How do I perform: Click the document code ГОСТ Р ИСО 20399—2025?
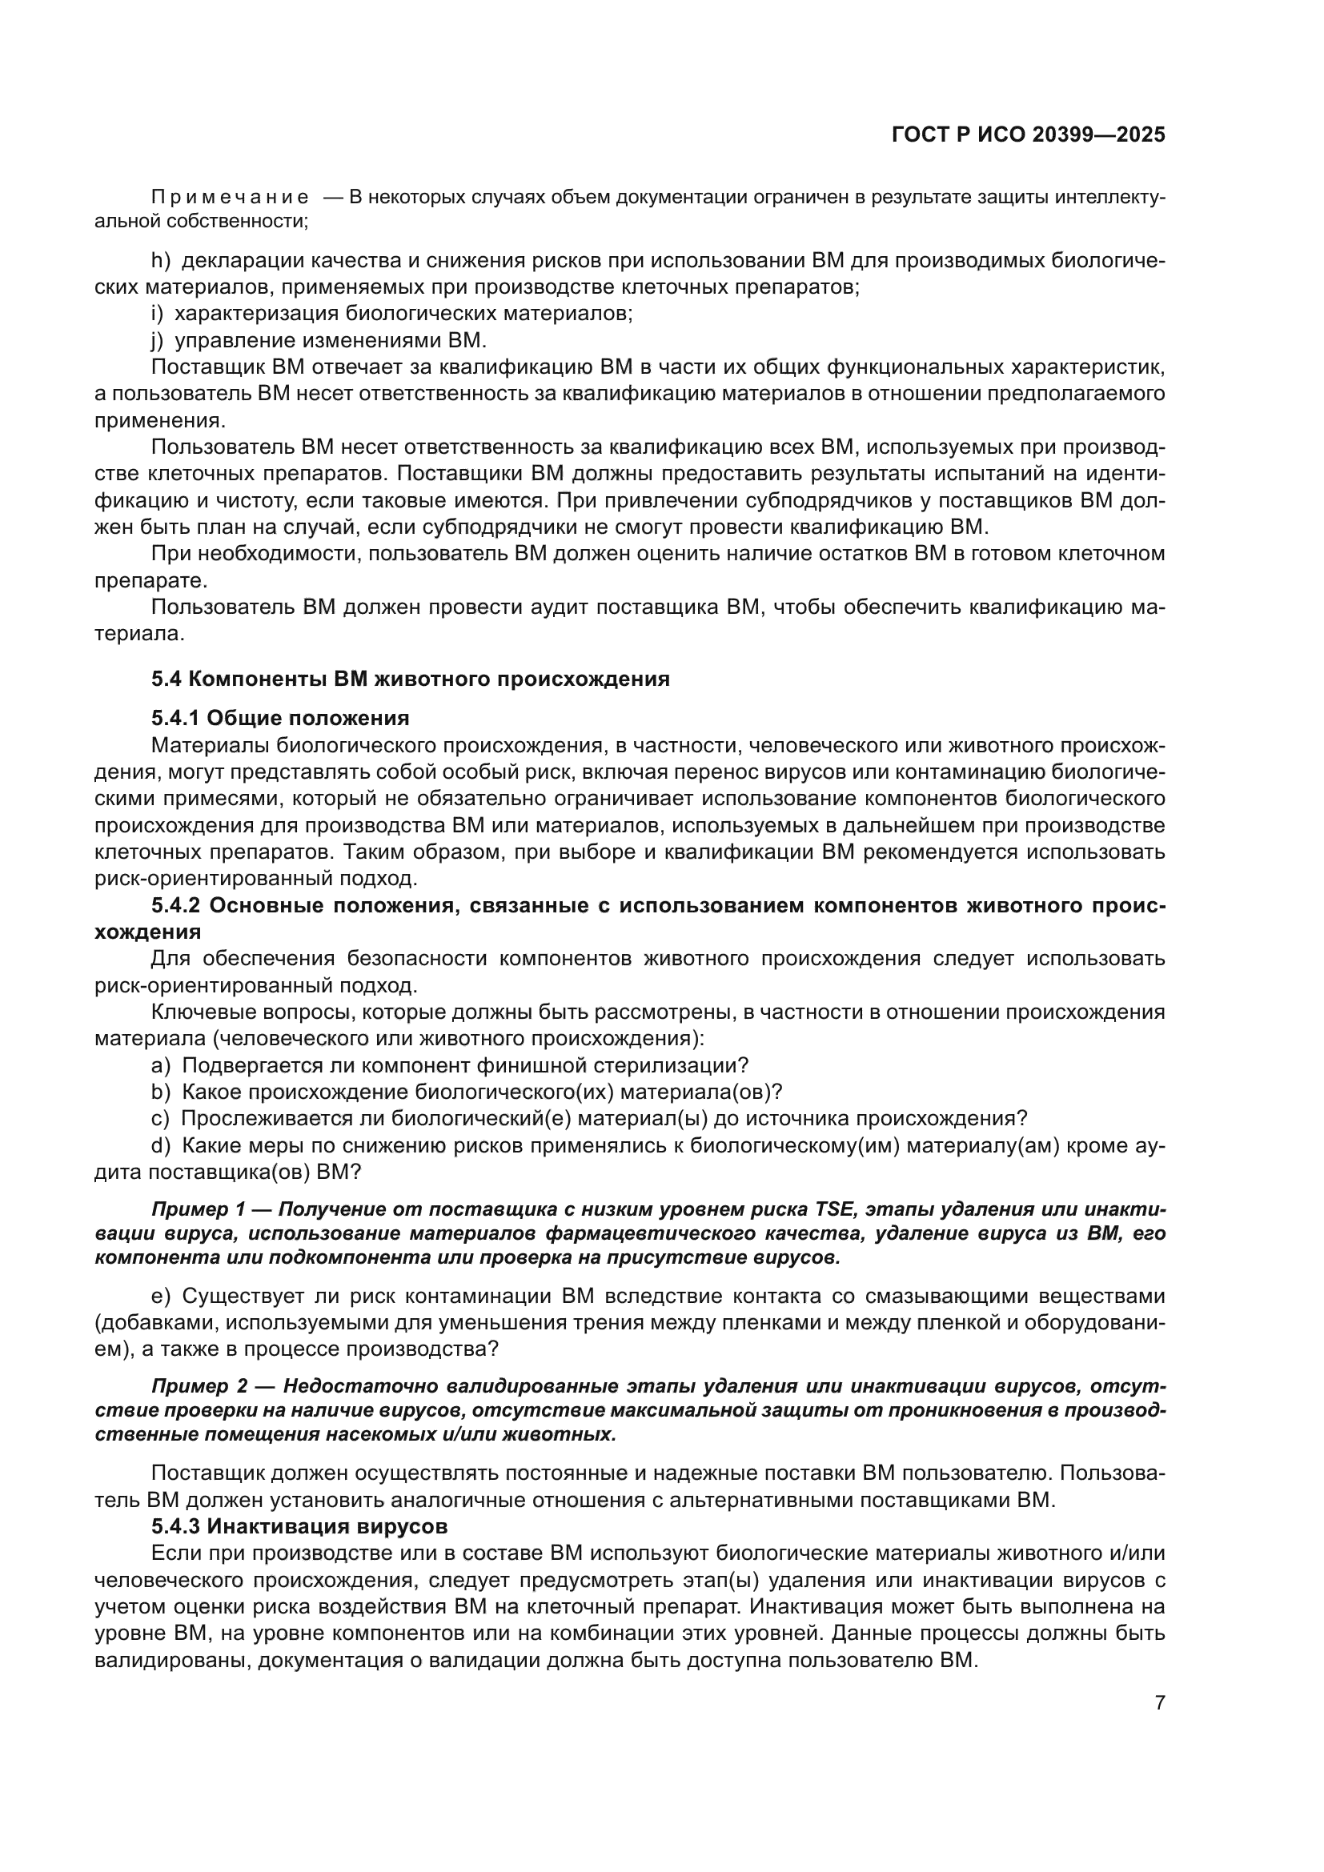click(x=1028, y=134)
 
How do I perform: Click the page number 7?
click(x=1159, y=1702)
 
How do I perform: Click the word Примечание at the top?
click(x=230, y=198)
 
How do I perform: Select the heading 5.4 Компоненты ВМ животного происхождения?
click(x=410, y=679)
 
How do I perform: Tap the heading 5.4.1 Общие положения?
click(x=279, y=718)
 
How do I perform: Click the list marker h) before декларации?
click(x=161, y=261)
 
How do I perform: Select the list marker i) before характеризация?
click(x=158, y=314)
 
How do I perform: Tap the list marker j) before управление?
click(x=158, y=340)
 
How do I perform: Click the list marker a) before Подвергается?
click(x=161, y=1065)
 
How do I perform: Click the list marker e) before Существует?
click(x=161, y=1296)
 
